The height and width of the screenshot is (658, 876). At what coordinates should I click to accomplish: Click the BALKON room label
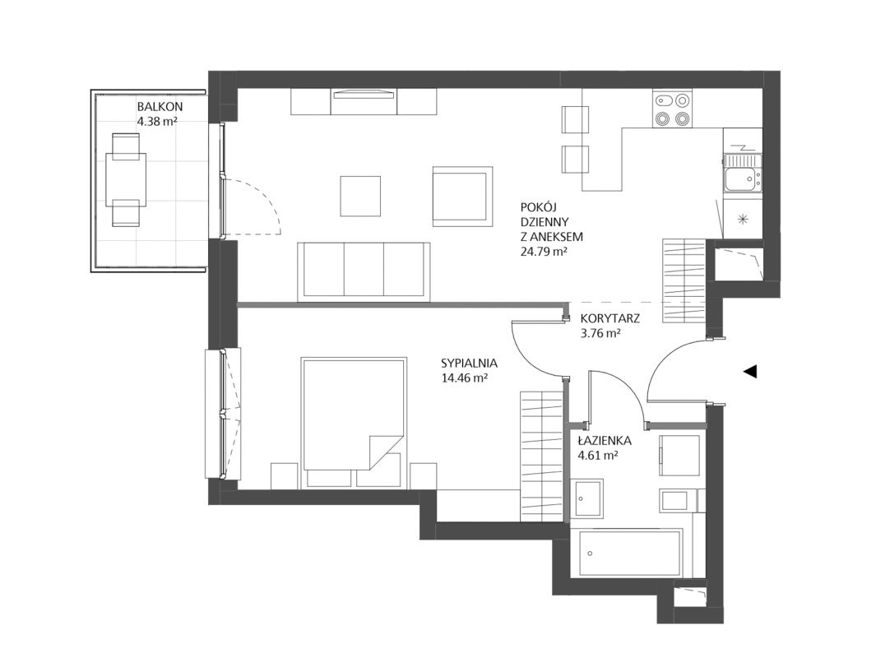point(160,107)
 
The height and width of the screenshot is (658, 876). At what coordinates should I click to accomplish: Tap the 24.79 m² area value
point(544,252)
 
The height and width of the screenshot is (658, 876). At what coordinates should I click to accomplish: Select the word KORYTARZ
point(610,319)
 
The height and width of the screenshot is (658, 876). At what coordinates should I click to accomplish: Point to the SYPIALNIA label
point(470,363)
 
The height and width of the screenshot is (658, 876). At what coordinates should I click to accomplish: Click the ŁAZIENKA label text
point(605,441)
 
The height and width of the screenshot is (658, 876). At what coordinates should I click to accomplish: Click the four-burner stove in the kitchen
point(671,109)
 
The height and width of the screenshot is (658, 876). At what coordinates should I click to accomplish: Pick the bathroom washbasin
point(586,498)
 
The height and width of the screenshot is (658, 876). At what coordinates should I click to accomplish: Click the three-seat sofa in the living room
point(364,271)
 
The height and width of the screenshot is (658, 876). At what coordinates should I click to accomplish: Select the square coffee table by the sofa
point(361,196)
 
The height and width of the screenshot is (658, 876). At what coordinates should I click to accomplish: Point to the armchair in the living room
point(462,196)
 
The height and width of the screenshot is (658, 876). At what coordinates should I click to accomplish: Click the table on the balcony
point(126,180)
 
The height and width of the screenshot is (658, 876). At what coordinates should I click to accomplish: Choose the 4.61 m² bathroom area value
point(598,455)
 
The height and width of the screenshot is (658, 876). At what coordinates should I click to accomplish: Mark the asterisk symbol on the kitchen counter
point(743,219)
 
